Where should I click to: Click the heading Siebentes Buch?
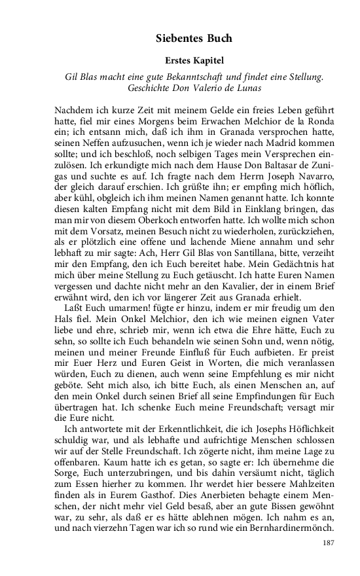194,39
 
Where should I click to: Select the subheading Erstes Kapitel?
194,61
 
